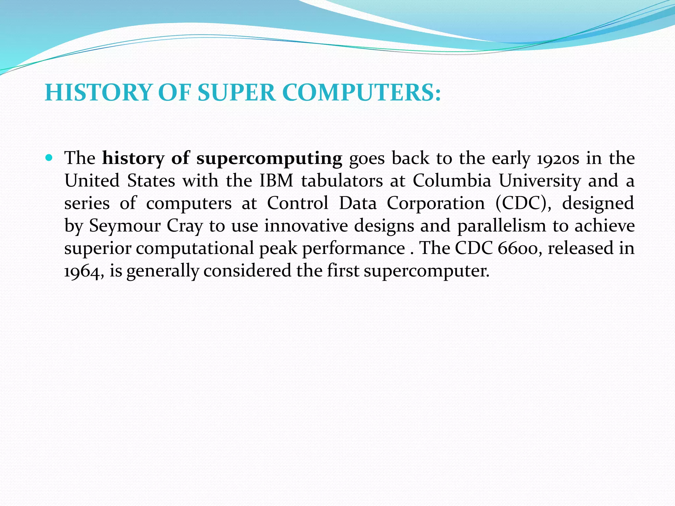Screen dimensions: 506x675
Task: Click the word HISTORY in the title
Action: pos(98,93)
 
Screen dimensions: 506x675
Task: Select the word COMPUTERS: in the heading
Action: pos(361,93)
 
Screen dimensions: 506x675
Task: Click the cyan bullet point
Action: pos(49,158)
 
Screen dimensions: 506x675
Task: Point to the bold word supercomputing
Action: pos(269,159)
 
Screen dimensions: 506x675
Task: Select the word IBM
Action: pos(276,181)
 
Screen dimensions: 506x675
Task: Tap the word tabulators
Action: pos(342,181)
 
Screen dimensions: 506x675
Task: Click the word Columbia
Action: pos(452,181)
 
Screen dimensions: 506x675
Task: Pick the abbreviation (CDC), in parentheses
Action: pos(523,203)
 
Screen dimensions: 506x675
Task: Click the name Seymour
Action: pos(125,226)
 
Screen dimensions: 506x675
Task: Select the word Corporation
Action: pos(435,203)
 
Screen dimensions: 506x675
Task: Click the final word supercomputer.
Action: pos(426,271)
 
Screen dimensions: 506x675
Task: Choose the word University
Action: pos(540,181)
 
